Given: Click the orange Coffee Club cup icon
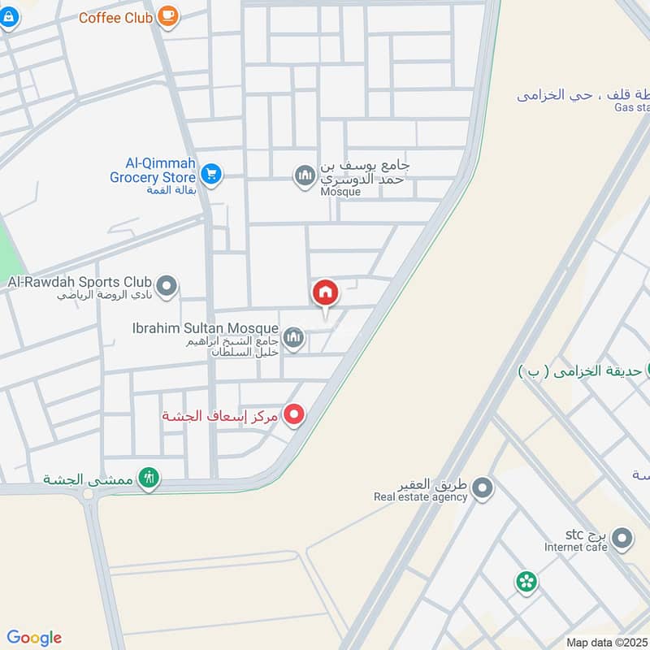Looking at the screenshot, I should click(167, 15).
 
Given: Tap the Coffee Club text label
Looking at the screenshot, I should click(116, 17).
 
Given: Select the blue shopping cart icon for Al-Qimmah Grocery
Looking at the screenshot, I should click(211, 173).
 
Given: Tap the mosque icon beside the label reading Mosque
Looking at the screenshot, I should click(305, 175).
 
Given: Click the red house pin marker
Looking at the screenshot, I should click(325, 293).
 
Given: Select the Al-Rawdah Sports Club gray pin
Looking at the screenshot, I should click(167, 286).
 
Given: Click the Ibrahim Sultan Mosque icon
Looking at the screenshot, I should click(293, 337).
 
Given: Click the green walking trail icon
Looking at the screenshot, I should click(148, 477).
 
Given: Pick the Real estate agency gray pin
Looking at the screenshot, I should click(483, 487).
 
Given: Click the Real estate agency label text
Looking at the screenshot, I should click(421, 497).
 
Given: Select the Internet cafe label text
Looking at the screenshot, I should click(576, 548).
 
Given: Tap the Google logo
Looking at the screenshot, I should click(34, 638).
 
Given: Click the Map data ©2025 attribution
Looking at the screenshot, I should click(606, 643).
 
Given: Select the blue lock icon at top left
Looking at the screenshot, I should click(8, 18).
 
